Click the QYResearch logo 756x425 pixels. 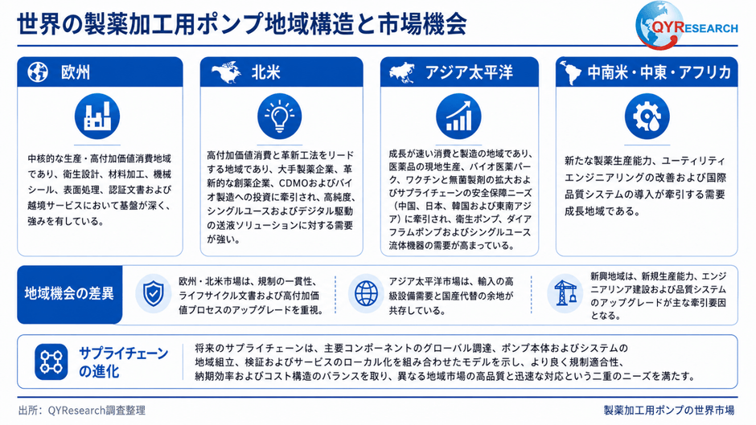[686, 25]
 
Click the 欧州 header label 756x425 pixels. [76, 72]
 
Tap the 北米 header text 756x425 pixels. [265, 72]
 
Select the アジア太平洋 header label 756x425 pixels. [469, 72]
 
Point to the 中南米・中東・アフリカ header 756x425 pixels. [659, 72]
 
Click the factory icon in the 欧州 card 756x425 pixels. [97, 116]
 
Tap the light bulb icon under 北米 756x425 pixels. [280, 116]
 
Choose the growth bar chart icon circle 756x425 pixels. [458, 116]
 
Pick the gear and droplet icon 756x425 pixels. [647, 116]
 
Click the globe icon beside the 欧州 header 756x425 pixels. [38, 72]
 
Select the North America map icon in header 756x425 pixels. [226, 72]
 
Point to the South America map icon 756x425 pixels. [571, 73]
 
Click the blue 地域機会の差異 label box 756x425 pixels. [69, 294]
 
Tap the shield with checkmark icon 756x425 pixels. [154, 294]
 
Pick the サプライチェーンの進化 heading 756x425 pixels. [123, 362]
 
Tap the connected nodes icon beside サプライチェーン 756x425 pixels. [51, 362]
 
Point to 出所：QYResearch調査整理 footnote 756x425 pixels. [82, 411]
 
